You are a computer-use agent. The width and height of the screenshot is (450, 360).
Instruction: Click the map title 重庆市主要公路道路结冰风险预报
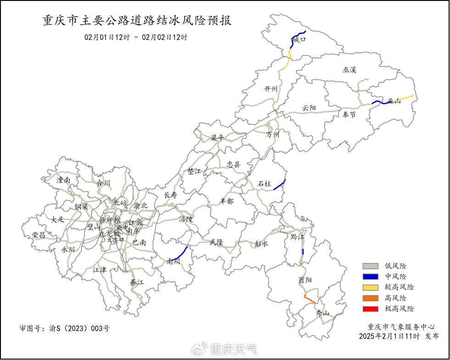[x=137, y=21]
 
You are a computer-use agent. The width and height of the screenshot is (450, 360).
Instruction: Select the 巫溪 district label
[x=349, y=70]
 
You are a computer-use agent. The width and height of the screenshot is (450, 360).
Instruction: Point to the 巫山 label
[x=394, y=101]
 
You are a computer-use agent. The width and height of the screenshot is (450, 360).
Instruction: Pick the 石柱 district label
[x=264, y=184]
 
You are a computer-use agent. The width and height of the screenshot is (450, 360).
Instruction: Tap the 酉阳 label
[x=305, y=280]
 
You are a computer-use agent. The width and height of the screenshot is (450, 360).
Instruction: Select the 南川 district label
[x=173, y=262]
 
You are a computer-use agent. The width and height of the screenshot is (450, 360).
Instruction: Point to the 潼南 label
[x=63, y=180]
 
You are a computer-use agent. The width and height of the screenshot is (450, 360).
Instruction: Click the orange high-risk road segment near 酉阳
[x=309, y=299]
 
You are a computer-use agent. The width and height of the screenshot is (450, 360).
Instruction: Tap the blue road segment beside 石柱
[x=280, y=184]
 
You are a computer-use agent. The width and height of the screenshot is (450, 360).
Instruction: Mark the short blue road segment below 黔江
[x=303, y=252]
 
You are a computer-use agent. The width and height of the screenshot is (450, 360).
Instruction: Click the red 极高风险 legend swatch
[x=370, y=309]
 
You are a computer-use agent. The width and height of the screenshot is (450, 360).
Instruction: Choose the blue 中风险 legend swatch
[x=370, y=276]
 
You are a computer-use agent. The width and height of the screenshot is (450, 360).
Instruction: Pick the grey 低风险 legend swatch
[x=370, y=266]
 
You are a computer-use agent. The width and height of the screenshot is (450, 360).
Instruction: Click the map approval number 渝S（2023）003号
[x=65, y=329]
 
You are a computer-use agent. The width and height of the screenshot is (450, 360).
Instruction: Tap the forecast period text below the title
[x=135, y=37]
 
